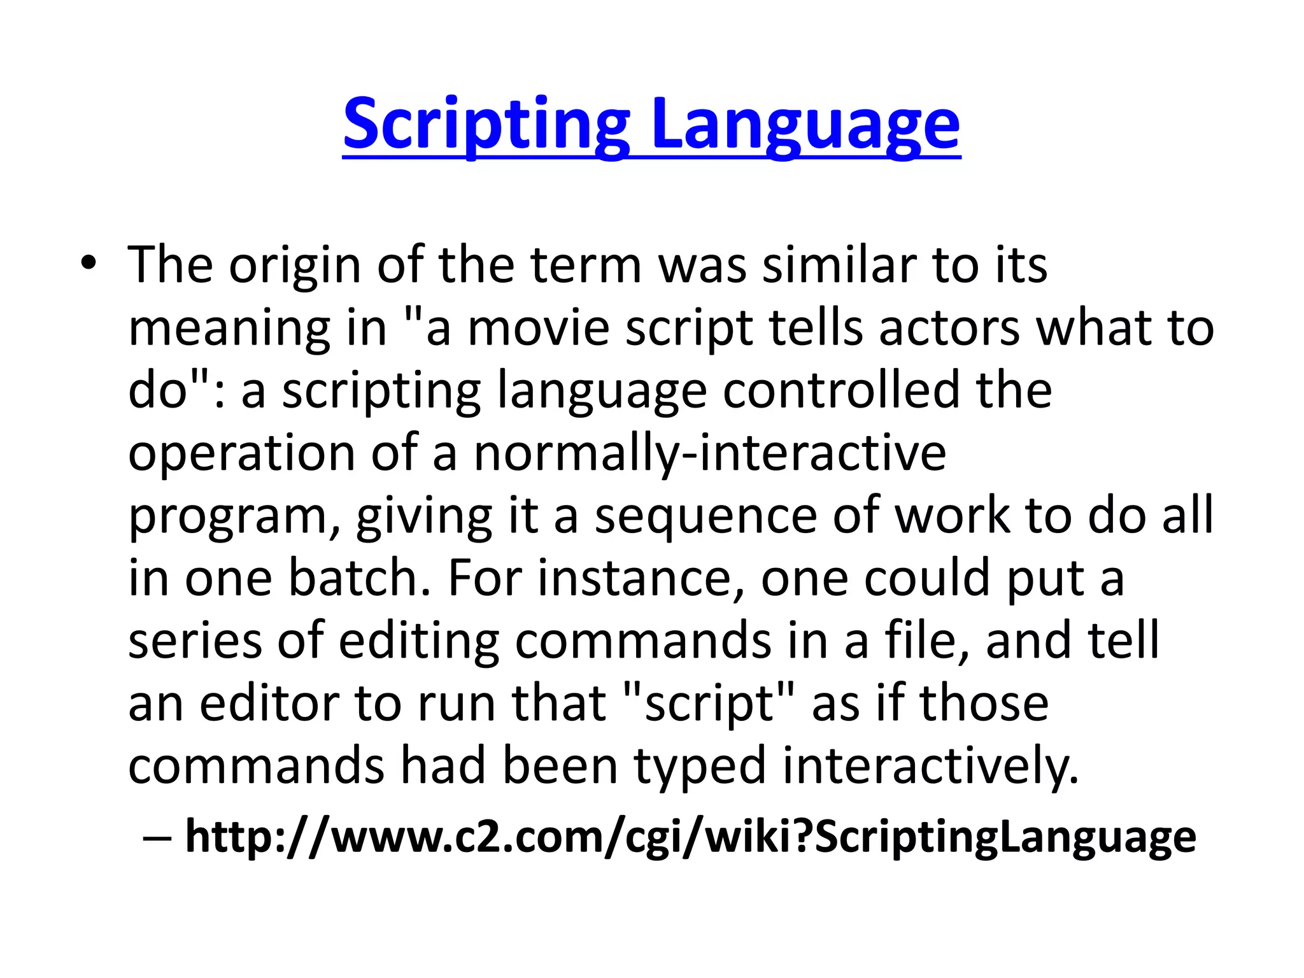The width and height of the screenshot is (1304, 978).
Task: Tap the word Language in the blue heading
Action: [805, 125]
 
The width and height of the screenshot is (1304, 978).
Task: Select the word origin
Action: [294, 266]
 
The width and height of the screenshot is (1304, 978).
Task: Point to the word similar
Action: [839, 264]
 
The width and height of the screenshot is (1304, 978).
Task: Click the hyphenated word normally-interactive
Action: [710, 453]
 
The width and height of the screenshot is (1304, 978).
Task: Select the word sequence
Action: [705, 516]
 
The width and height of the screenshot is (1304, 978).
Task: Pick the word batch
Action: [360, 578]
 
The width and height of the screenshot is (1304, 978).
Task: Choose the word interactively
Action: [931, 766]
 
